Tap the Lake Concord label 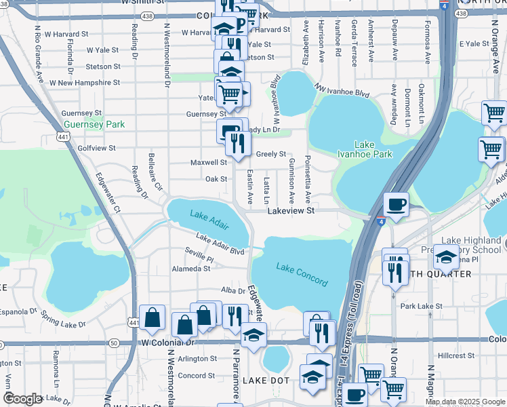click(302, 275)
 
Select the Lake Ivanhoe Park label click(373, 149)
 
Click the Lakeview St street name click(291, 212)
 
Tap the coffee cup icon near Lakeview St click(396, 203)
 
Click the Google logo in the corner click(24, 399)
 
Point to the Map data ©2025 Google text click(465, 402)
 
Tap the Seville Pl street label click(199, 259)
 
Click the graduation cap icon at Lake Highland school click(445, 257)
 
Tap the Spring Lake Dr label click(63, 319)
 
